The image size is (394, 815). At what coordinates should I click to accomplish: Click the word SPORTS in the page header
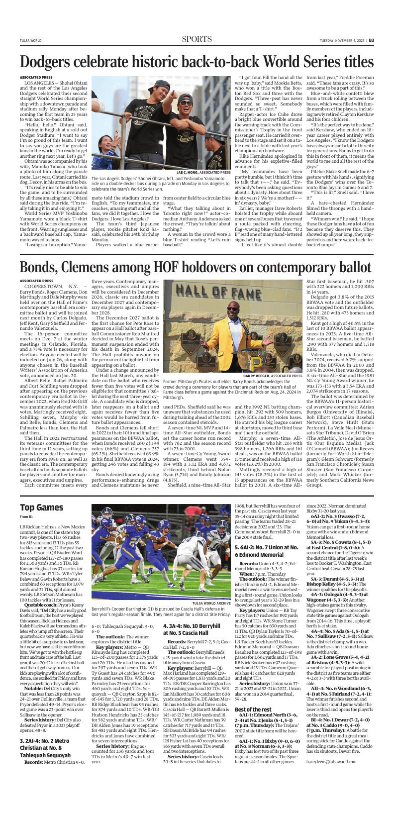point(197,39)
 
